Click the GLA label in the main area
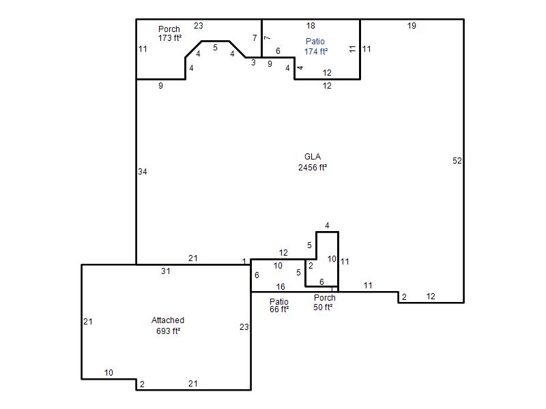click(x=313, y=157)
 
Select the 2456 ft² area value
click(x=313, y=167)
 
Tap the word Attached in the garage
click(x=168, y=320)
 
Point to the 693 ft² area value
click(x=168, y=331)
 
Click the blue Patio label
click(x=315, y=42)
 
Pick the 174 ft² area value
click(x=316, y=52)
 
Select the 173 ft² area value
click(x=170, y=37)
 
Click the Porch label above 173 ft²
click(x=169, y=29)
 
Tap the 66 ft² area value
click(x=279, y=309)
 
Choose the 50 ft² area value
click(x=323, y=307)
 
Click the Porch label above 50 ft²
click(x=325, y=298)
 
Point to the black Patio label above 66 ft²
click(x=279, y=301)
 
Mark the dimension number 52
click(x=457, y=161)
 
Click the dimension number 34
click(x=143, y=172)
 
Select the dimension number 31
click(x=166, y=271)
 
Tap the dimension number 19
click(x=412, y=25)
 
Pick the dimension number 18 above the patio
click(x=311, y=25)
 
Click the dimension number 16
click(x=281, y=286)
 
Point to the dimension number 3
click(x=253, y=63)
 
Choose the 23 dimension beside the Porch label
click(x=199, y=25)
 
